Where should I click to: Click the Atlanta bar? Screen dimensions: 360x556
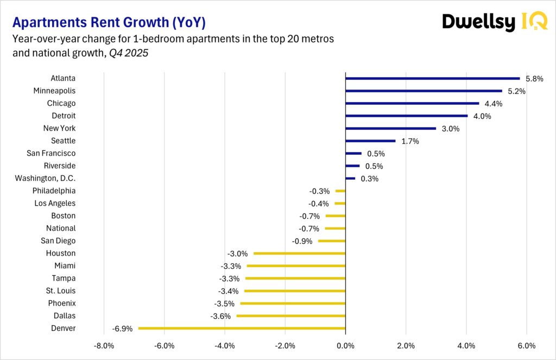pos(432,78)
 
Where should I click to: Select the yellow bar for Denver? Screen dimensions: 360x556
pos(242,328)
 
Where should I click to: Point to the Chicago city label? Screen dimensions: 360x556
pos(61,103)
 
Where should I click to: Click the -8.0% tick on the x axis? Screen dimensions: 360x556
pos(104,345)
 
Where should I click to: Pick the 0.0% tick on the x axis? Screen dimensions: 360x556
pos(345,345)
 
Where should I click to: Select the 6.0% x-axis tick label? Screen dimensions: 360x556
pos(527,345)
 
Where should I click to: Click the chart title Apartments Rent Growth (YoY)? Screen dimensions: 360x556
pos(109,23)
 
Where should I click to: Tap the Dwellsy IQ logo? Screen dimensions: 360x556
pos(494,22)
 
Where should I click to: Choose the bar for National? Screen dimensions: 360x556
pos(335,228)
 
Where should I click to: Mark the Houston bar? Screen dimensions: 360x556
pos(299,253)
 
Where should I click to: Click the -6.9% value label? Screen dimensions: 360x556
pos(123,329)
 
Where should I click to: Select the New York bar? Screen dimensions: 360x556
pos(390,128)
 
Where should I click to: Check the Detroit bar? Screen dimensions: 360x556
pos(406,116)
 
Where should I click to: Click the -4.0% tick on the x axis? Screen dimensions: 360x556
pos(225,345)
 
